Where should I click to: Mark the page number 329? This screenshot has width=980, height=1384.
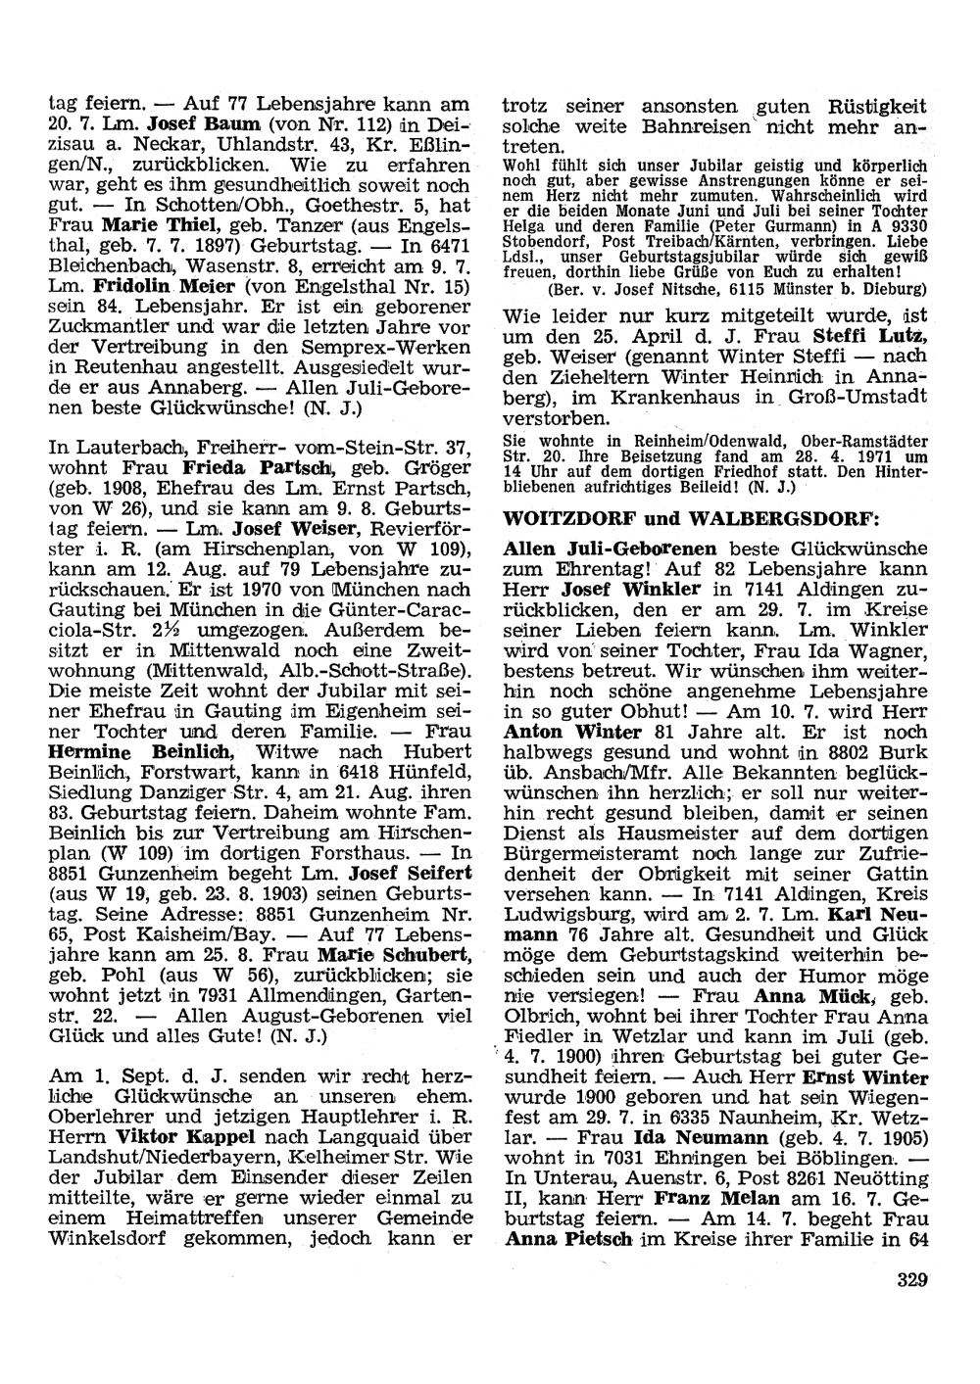pyautogui.click(x=911, y=1278)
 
